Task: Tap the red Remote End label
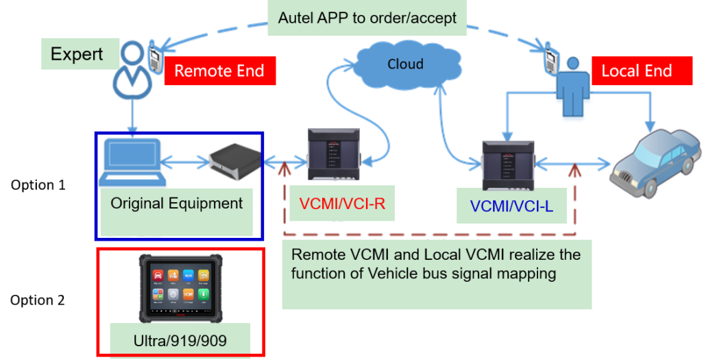point(219,71)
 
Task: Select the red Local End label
point(636,71)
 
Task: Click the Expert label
point(77,55)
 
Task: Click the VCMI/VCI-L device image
point(507,165)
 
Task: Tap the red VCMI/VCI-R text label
point(337,204)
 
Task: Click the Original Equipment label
point(176,204)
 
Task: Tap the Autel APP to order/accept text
point(367,19)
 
